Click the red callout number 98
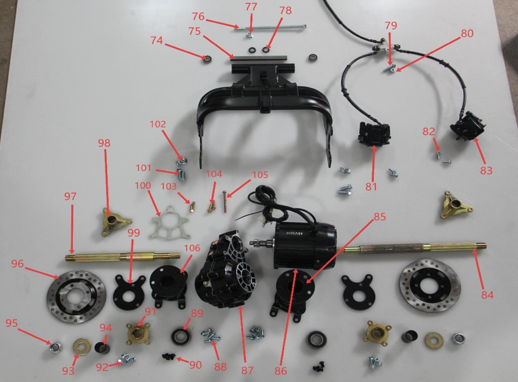click(104, 143)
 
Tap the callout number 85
click(380, 217)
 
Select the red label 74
click(156, 41)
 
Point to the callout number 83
click(486, 170)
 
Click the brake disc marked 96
click(77, 296)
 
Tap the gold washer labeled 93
click(82, 346)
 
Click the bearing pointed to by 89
click(181, 336)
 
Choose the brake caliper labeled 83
click(468, 126)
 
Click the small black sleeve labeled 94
click(102, 347)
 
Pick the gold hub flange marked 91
click(138, 333)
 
